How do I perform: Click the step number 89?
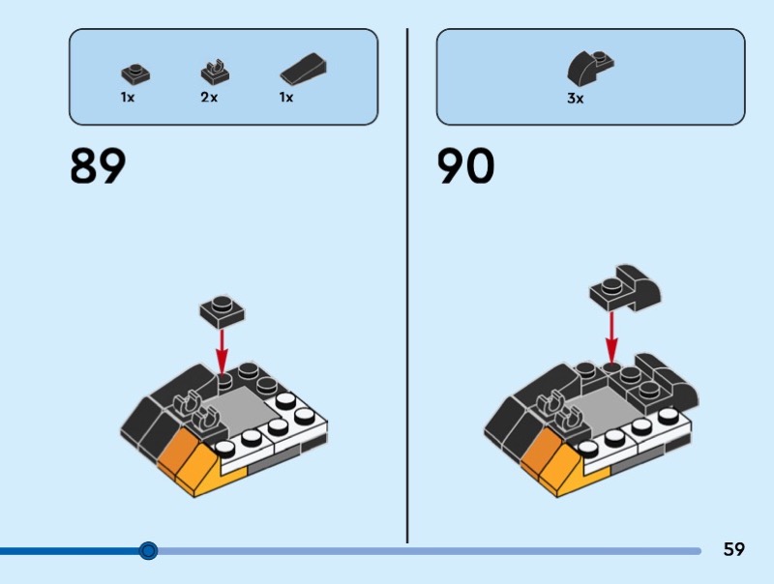(98, 166)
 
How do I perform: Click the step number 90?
(465, 166)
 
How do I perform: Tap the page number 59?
(734, 550)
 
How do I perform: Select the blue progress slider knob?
(148, 550)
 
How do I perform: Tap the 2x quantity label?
(209, 98)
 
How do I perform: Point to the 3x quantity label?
(576, 98)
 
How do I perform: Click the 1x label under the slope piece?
(286, 98)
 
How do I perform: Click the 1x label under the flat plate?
(128, 98)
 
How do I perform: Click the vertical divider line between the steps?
(407, 290)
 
